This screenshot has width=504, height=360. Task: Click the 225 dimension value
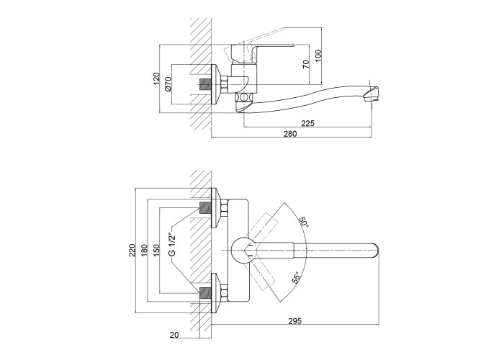click(307, 123)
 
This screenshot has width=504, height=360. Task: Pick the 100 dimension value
click(318, 55)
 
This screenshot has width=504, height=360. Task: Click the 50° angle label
click(304, 222)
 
